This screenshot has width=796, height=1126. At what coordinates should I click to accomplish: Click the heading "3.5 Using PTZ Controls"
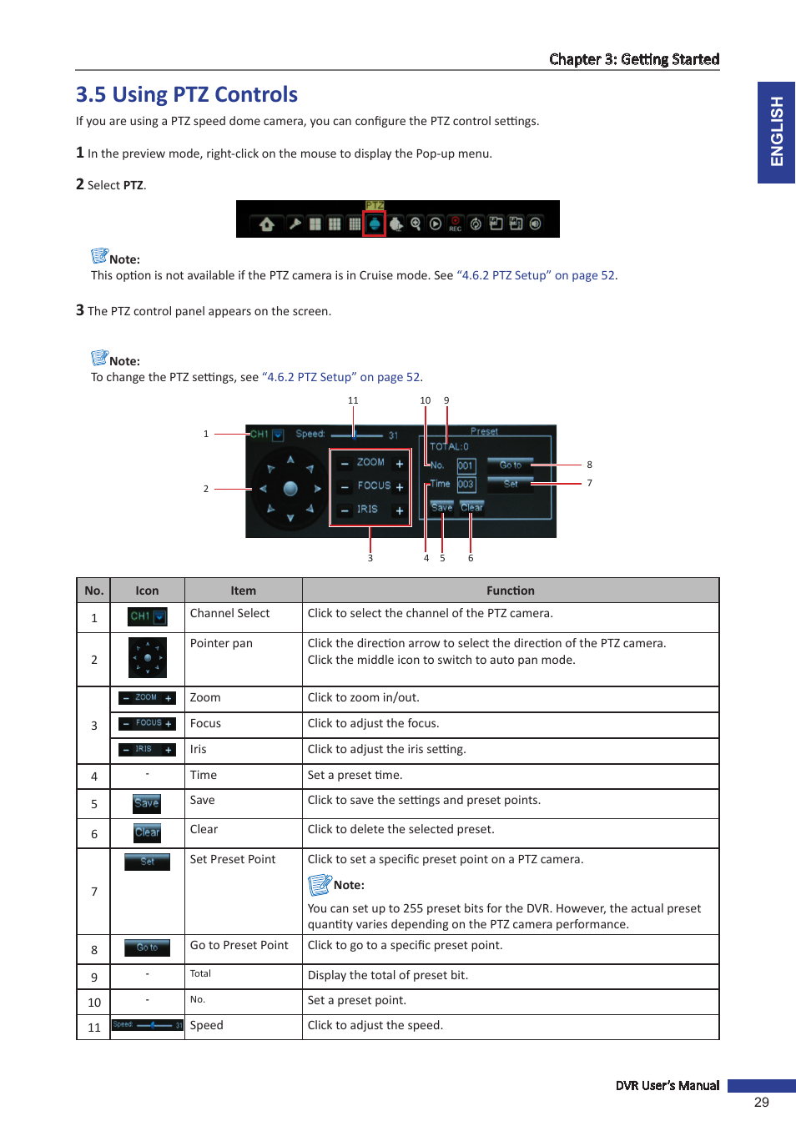point(187,95)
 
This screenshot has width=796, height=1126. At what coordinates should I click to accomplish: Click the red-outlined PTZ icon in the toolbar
point(374,224)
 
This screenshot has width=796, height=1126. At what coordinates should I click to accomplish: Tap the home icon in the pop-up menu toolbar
point(267,224)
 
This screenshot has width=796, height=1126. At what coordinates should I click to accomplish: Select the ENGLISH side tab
point(776,132)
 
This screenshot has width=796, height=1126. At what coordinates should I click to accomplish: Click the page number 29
point(761,1102)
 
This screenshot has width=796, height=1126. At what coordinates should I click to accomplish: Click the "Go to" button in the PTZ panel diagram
point(510,465)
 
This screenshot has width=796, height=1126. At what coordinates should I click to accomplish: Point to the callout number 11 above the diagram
point(353,400)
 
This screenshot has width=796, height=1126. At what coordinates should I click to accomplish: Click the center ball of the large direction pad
point(290,489)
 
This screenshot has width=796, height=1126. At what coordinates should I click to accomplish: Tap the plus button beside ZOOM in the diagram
point(399,464)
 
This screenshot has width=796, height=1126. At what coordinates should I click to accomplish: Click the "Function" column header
point(510,591)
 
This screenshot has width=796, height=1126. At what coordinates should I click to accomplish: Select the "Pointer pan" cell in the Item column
point(221,643)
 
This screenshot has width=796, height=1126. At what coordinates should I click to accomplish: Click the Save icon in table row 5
point(147,803)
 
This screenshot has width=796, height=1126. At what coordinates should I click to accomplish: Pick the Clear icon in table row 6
point(147,832)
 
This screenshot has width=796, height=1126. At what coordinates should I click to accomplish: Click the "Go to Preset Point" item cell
point(239,945)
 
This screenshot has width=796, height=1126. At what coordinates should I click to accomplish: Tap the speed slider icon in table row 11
point(148,1025)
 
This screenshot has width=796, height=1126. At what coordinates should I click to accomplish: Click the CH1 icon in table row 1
point(148,616)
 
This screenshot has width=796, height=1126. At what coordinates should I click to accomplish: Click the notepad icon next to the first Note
point(99,255)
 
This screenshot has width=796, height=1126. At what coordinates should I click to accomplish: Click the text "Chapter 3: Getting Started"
point(633,59)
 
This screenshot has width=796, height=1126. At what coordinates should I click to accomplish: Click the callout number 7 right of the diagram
point(589,483)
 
